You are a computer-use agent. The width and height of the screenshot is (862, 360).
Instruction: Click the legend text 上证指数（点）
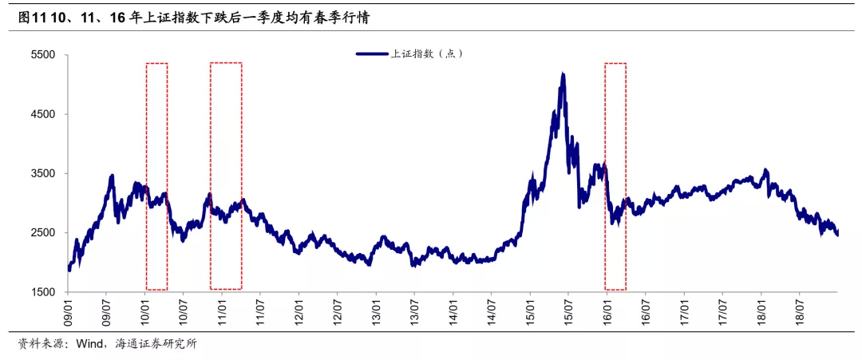pyautogui.click(x=426, y=53)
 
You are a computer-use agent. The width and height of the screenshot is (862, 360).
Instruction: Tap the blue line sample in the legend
pyautogui.click(x=371, y=53)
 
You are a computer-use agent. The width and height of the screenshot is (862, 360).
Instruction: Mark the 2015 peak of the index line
pyautogui.click(x=563, y=74)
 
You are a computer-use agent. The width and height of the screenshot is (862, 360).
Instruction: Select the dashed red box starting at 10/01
pyautogui.click(x=157, y=176)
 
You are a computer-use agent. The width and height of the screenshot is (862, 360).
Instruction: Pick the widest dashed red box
pyautogui.click(x=226, y=176)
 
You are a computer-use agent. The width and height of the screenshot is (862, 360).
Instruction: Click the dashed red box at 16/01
pyautogui.click(x=615, y=176)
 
